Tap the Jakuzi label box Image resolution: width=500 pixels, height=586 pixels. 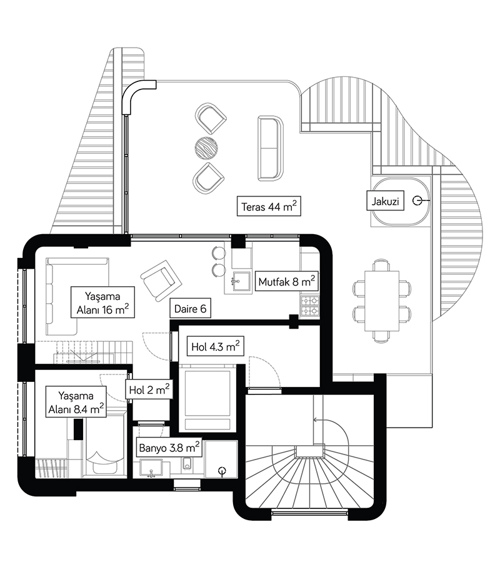(385, 201)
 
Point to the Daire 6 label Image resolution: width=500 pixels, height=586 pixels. (191, 308)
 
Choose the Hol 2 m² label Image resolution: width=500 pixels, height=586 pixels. (149, 389)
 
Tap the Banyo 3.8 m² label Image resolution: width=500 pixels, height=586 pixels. (169, 447)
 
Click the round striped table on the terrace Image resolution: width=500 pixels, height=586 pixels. (206, 149)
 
